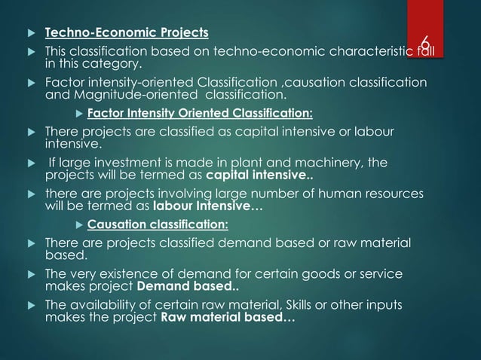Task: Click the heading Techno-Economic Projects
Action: tap(127, 33)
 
